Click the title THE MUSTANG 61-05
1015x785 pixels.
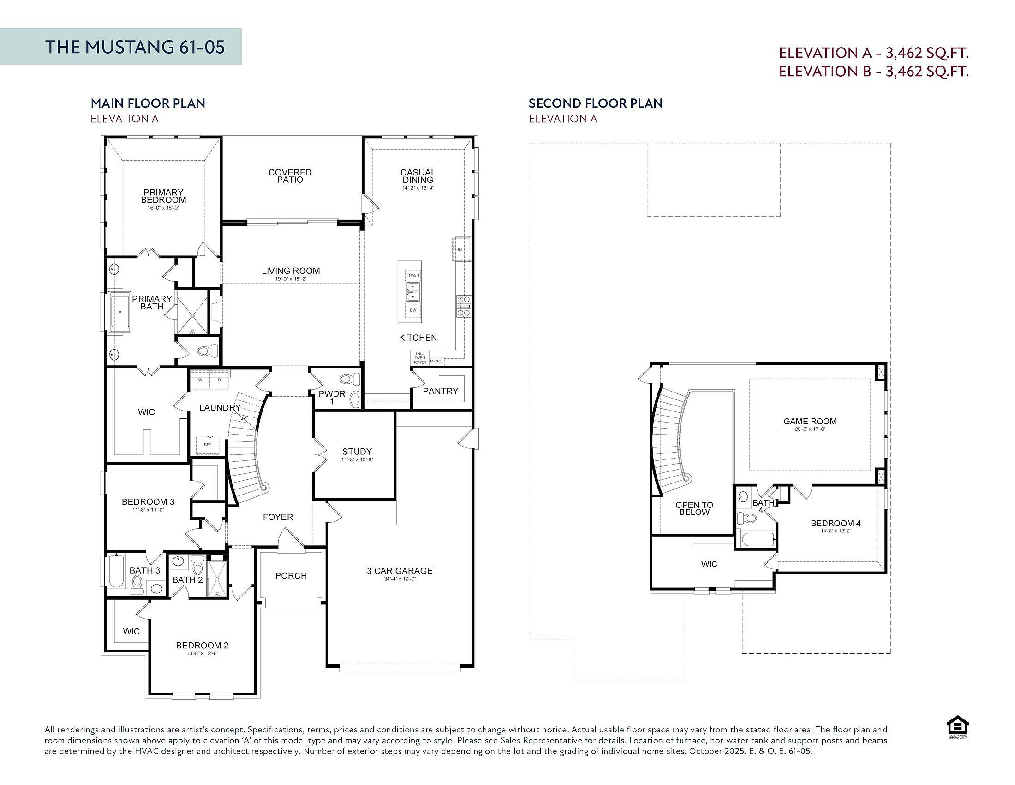point(135,47)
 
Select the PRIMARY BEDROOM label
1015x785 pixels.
point(164,196)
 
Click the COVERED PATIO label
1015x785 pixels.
point(290,176)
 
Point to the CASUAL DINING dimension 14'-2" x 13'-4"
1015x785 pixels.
point(418,188)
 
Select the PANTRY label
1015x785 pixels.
point(440,391)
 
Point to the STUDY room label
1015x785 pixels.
point(357,451)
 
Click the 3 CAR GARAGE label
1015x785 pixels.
point(399,571)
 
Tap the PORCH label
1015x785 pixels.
point(291,575)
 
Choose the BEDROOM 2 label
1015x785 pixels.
point(202,645)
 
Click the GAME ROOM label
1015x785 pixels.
point(810,421)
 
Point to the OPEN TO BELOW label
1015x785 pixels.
point(694,508)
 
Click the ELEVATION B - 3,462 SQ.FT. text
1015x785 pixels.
point(873,72)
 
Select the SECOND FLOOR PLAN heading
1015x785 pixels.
point(595,103)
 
